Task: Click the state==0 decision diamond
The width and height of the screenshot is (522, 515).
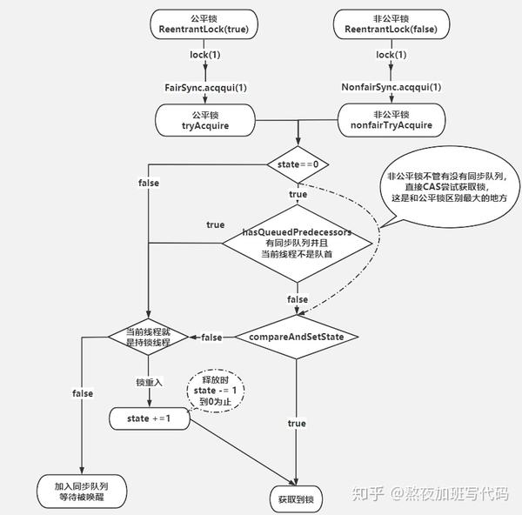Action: [298, 163]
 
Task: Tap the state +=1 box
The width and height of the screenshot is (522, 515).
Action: [149, 418]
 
